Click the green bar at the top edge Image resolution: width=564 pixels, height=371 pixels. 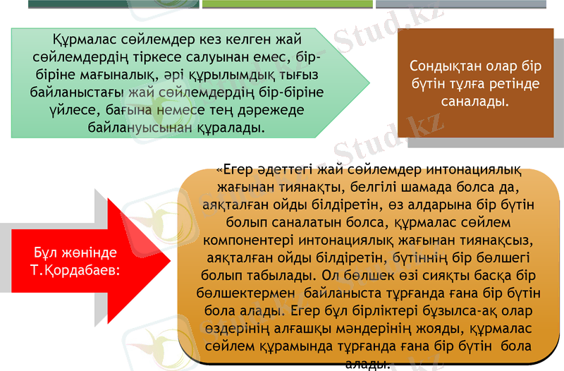click(287, 4)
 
